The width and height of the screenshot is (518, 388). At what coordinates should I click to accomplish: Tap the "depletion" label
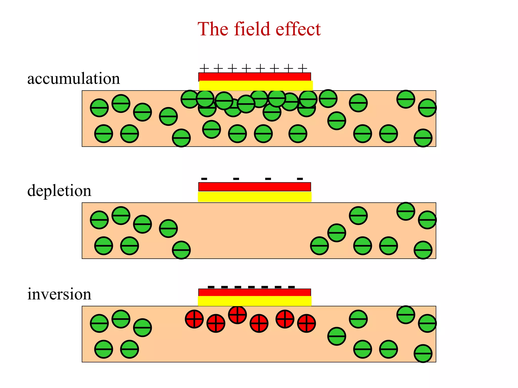tap(59, 190)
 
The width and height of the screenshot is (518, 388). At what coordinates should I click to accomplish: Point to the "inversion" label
tap(59, 294)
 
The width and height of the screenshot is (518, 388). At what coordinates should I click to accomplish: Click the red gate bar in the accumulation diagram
tap(254, 77)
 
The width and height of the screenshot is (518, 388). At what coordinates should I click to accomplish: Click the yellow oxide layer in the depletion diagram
tap(254, 197)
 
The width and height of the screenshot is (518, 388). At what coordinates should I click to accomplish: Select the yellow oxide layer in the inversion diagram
tap(254, 301)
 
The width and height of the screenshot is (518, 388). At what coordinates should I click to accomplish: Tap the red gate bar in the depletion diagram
tap(254, 187)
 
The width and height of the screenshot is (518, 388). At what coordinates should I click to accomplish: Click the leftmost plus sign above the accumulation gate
tap(204, 68)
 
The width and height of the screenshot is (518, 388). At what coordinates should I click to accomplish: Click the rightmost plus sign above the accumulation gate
tap(303, 68)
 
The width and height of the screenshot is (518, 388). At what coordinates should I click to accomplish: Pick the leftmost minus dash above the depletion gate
tap(204, 179)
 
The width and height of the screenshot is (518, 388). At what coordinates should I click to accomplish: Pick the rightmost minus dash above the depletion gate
tap(300, 179)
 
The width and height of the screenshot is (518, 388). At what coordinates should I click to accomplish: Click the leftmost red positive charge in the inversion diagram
tap(194, 319)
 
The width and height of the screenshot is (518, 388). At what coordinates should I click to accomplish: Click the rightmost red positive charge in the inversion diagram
tap(306, 323)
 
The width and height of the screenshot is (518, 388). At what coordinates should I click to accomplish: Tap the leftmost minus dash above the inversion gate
tap(211, 287)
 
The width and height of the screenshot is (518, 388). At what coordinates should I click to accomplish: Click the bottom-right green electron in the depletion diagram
tap(423, 250)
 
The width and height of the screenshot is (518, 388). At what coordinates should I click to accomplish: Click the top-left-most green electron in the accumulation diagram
tap(121, 103)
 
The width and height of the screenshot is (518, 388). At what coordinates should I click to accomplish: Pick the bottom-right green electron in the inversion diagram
tap(423, 353)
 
